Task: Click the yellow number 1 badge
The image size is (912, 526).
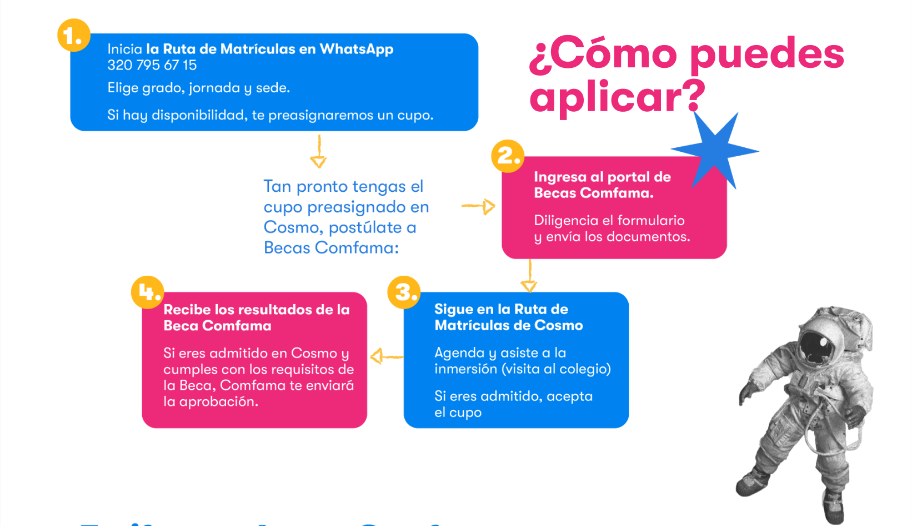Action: click(x=73, y=36)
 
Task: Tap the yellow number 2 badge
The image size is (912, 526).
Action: click(x=508, y=156)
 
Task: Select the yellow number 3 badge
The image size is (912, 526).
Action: click(x=404, y=292)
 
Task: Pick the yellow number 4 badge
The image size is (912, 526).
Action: click(x=147, y=292)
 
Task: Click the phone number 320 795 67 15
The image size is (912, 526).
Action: click(x=152, y=65)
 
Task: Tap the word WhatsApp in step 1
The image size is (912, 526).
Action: click(x=357, y=49)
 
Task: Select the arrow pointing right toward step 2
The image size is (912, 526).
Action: click(x=479, y=206)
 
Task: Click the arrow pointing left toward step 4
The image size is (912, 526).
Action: click(x=385, y=356)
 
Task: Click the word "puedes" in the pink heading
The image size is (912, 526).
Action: click(x=766, y=54)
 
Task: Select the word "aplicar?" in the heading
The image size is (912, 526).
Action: click(x=617, y=97)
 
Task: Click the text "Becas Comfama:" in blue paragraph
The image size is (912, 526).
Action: click(x=331, y=247)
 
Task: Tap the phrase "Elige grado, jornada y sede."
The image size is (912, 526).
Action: click(x=198, y=88)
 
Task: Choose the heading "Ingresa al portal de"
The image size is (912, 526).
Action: click(x=602, y=177)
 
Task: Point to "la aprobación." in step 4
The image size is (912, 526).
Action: click(x=211, y=401)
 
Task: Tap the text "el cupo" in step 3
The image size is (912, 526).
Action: click(x=458, y=413)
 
